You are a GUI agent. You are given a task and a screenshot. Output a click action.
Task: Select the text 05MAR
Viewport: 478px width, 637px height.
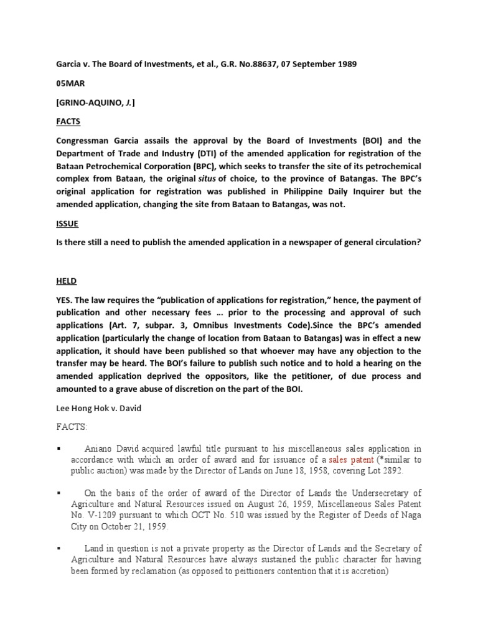pos(70,86)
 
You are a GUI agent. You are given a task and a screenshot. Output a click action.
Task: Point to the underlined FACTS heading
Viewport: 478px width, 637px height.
pos(68,121)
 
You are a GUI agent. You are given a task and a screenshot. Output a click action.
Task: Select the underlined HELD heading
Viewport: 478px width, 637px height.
pos(66,281)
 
